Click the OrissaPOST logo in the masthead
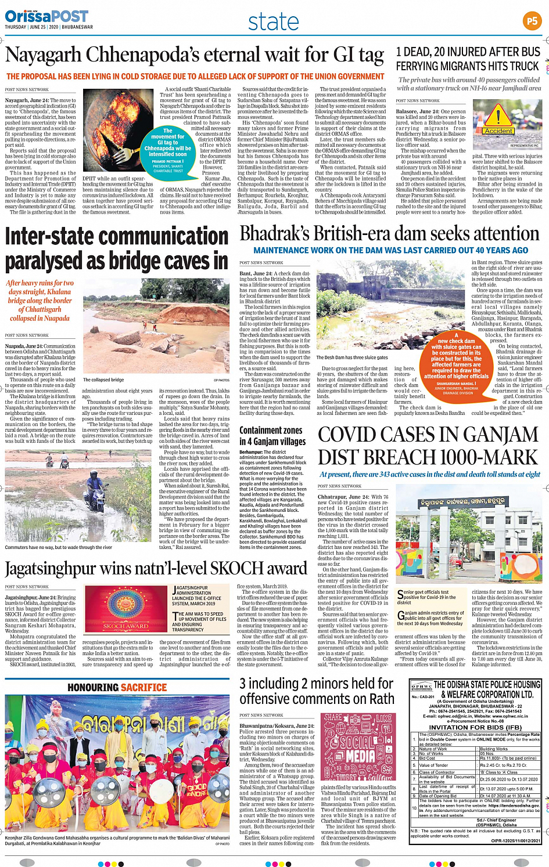(x=46, y=17)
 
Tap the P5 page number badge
(x=532, y=21)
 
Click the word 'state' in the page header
(x=273, y=22)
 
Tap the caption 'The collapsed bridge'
(x=103, y=380)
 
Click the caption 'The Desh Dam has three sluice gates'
(x=351, y=357)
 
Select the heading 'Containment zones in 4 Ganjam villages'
(x=272, y=436)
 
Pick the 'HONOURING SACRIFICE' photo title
(x=117, y=687)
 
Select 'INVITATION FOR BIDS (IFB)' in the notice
(x=475, y=727)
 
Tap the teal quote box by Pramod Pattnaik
(x=167, y=150)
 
